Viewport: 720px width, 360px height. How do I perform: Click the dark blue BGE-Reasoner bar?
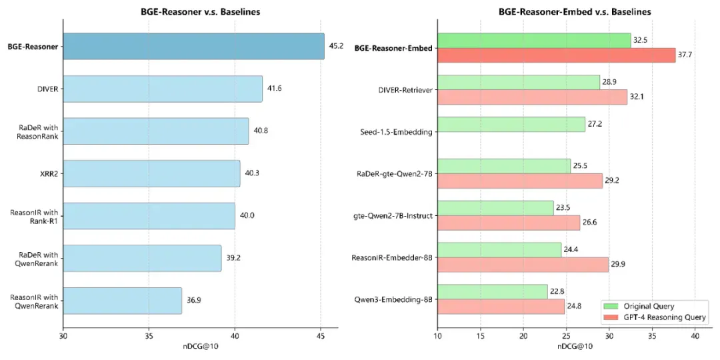(x=194, y=47)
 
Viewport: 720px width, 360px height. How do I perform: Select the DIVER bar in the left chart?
(x=163, y=89)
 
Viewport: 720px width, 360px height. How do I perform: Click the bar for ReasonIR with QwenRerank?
(x=123, y=301)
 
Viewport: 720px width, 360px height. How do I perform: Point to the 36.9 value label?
(x=194, y=301)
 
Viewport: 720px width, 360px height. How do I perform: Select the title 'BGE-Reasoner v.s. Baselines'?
(x=201, y=12)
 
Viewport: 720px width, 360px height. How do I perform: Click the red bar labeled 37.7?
(x=557, y=55)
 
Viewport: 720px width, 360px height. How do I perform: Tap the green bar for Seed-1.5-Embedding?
(x=511, y=125)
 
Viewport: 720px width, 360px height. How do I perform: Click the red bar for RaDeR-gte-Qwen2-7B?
(x=520, y=181)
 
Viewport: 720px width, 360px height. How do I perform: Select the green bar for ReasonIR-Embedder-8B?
(x=499, y=250)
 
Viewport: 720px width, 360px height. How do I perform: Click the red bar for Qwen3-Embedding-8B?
(x=501, y=306)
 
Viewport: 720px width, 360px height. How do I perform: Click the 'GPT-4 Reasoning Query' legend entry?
(x=655, y=317)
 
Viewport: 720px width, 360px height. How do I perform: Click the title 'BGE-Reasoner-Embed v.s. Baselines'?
(x=575, y=12)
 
